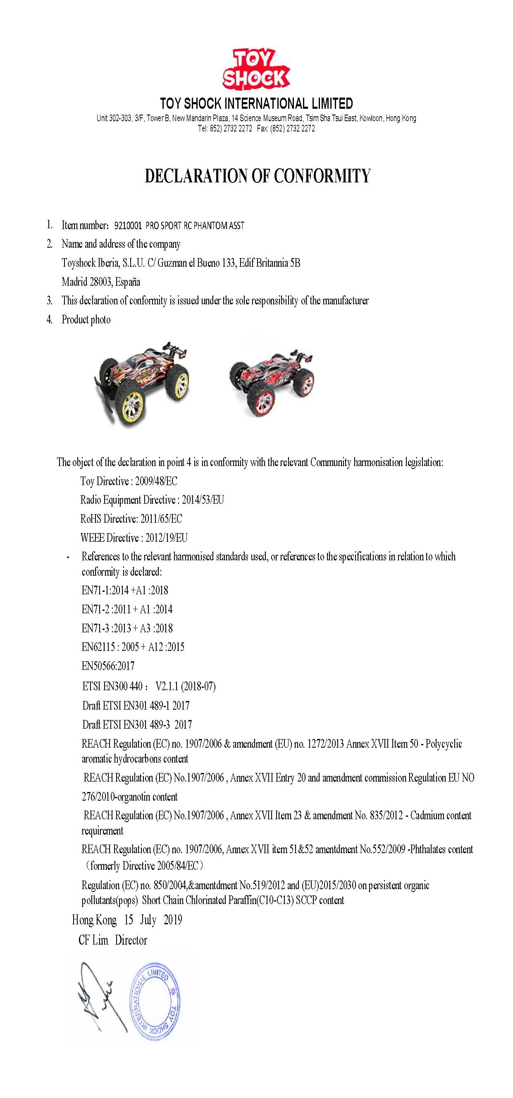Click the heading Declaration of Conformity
pos(258,176)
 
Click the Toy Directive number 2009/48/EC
pos(156,481)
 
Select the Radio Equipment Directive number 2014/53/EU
pos(203,500)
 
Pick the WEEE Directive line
pos(134,538)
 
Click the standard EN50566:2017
pos(108,665)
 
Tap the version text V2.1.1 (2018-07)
pos(185,686)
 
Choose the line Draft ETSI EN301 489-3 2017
pos(137,724)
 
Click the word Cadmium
pos(427,816)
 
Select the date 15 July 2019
pos(153,920)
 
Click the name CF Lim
pos(93,940)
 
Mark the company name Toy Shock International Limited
pos(256,103)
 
